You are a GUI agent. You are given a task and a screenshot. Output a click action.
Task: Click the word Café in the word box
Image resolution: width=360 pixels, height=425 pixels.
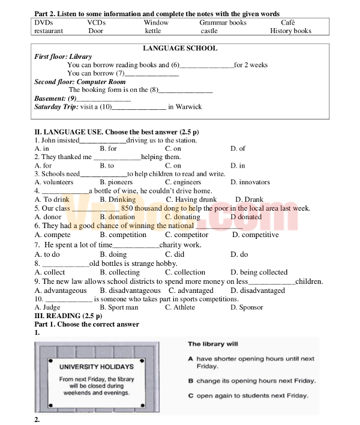tap(288, 22)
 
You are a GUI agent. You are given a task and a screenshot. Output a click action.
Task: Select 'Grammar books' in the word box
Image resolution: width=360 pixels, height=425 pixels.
tap(223, 22)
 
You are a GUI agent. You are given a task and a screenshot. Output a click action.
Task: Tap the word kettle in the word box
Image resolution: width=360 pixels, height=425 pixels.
tap(153, 31)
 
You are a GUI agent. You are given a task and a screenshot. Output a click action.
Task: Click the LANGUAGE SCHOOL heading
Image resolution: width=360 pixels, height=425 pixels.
tap(180, 48)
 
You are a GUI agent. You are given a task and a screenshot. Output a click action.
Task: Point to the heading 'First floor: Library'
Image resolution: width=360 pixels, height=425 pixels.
tap(63, 56)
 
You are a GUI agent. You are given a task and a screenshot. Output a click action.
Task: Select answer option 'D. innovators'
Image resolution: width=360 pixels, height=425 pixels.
tap(250, 182)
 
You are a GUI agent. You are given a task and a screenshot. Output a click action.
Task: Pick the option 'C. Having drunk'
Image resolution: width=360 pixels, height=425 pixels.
tap(191, 199)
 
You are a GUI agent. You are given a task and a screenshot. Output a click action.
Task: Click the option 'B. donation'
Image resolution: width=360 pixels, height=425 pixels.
tap(118, 217)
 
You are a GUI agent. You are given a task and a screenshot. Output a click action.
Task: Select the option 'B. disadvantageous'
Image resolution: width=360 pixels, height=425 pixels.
tap(130, 291)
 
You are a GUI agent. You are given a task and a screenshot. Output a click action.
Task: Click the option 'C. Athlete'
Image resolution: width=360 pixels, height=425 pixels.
tap(180, 307)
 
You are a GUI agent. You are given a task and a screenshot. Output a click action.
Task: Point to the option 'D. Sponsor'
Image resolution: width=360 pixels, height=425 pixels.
tap(247, 307)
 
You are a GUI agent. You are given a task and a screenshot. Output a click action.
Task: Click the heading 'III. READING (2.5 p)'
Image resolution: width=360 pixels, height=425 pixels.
tap(68, 316)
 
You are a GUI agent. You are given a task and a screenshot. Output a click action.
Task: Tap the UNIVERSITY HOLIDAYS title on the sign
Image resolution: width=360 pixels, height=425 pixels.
tap(97, 366)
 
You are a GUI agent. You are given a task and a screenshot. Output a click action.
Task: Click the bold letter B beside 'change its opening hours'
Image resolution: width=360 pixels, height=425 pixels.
tap(190, 381)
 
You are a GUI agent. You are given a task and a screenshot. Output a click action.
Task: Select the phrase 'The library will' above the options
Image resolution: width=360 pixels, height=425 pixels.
tap(213, 344)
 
